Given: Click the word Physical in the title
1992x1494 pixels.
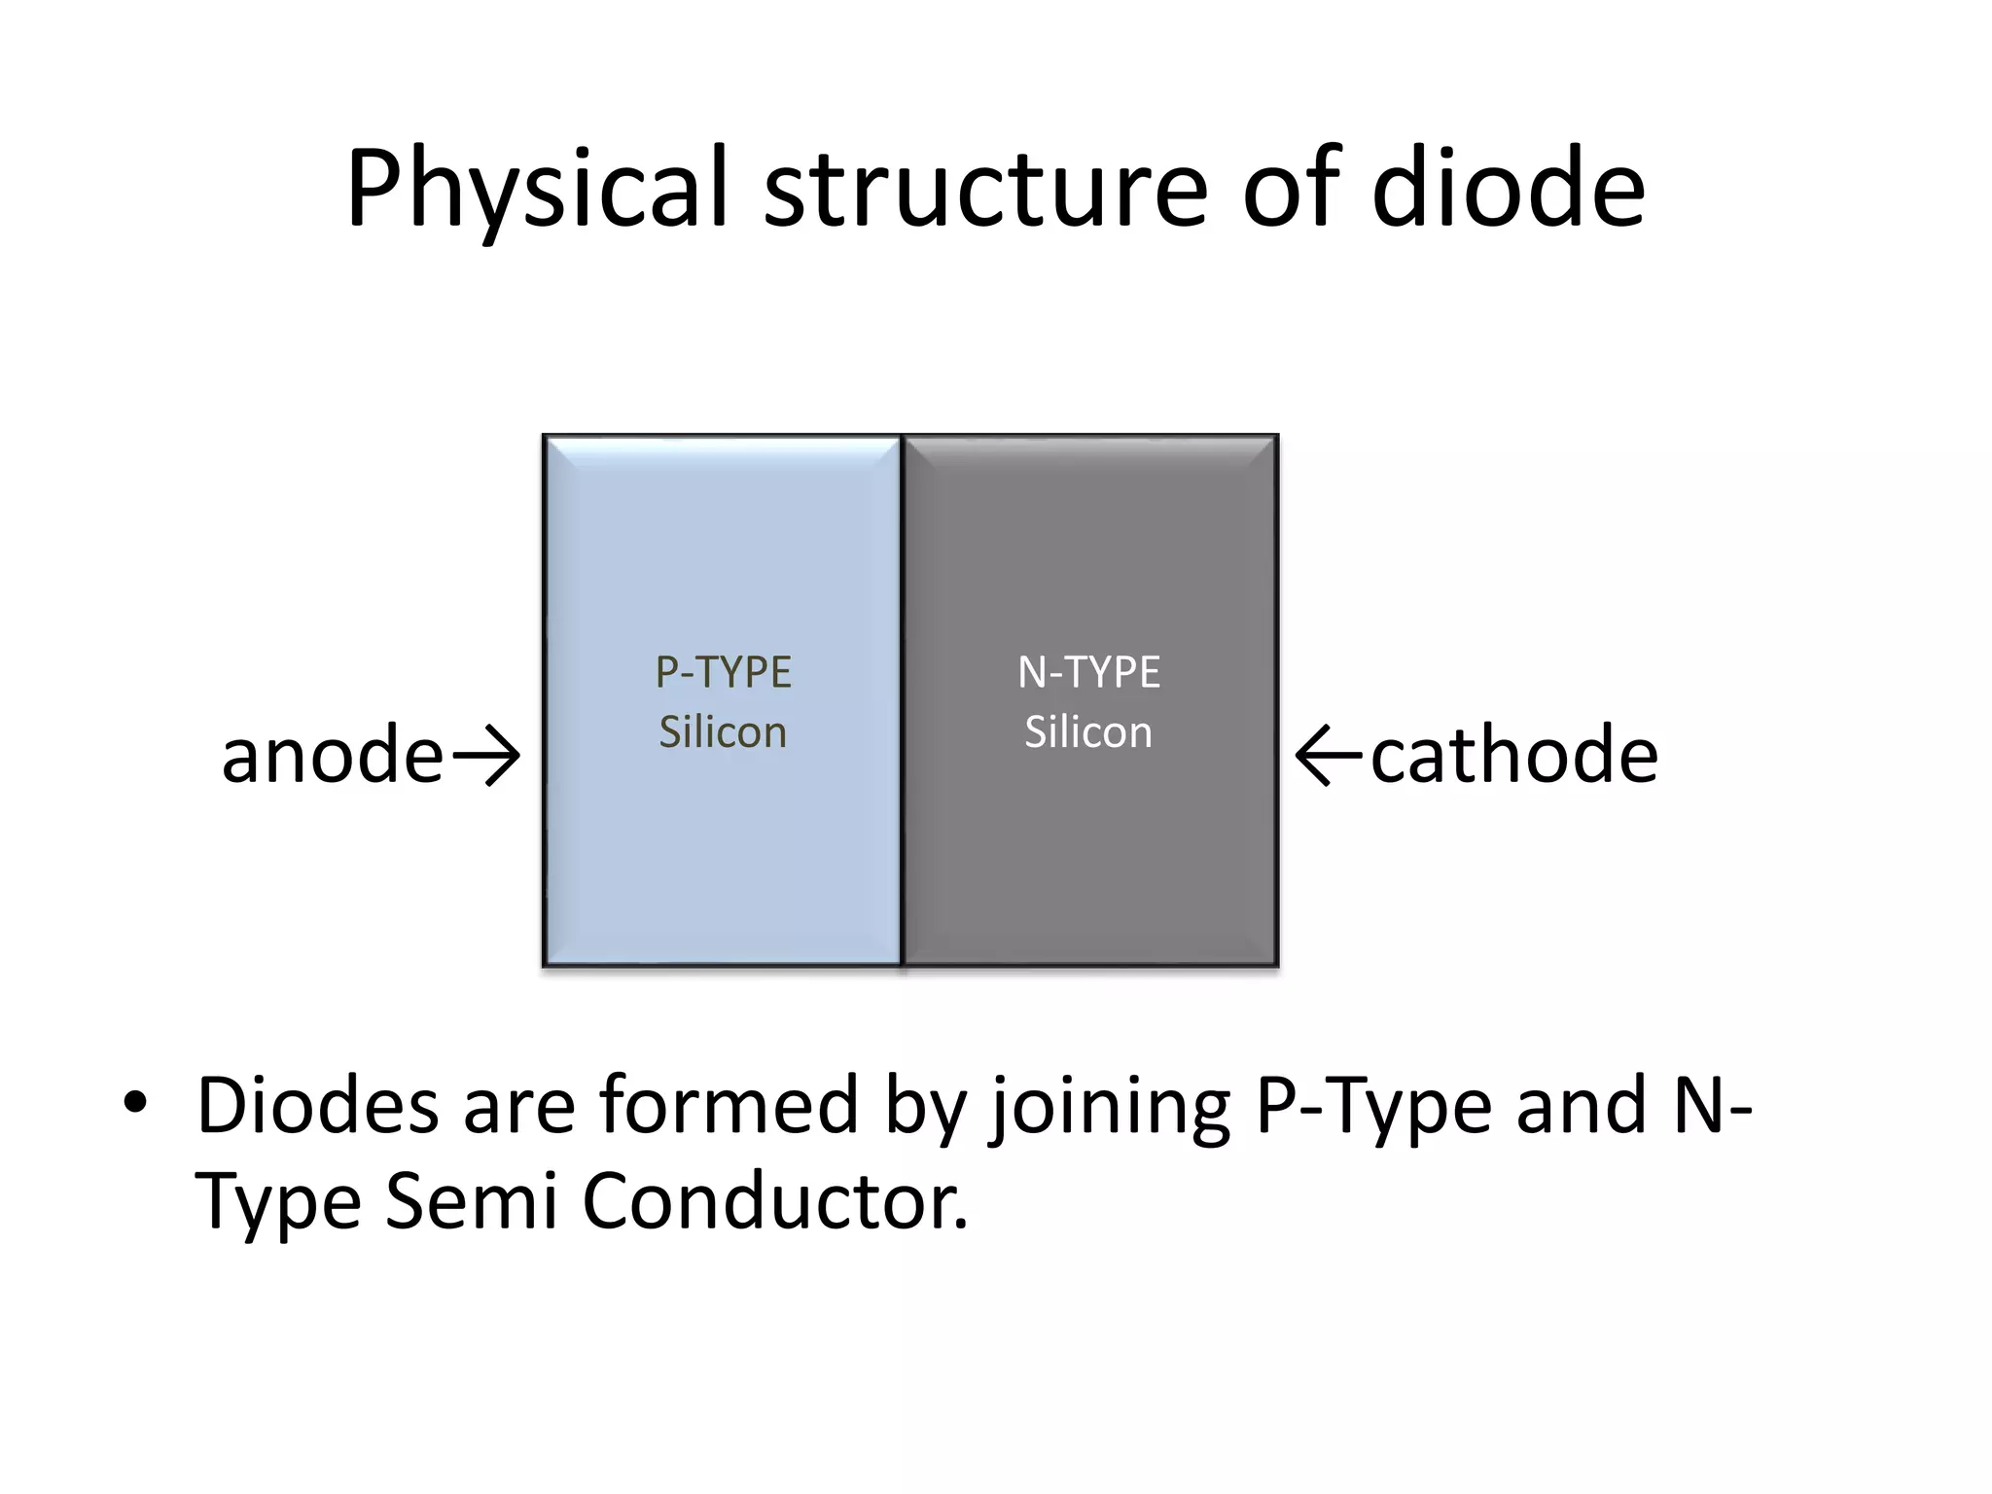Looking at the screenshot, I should click(x=537, y=190).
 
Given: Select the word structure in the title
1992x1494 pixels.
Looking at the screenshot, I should click(x=985, y=190).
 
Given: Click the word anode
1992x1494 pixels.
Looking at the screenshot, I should click(x=333, y=756).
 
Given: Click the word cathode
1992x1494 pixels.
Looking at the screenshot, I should click(x=1513, y=756).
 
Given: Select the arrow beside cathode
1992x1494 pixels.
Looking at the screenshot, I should click(x=1331, y=756).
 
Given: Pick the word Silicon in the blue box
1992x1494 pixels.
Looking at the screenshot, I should click(x=723, y=732).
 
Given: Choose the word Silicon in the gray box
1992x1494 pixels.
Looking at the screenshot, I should click(x=1088, y=732).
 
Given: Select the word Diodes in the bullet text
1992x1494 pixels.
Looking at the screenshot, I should click(x=317, y=1106).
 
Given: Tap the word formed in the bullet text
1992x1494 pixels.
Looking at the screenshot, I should click(x=729, y=1106).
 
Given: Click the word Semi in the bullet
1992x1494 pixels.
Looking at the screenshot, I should click(x=472, y=1201).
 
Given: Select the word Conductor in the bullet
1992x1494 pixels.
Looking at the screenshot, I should click(x=775, y=1201).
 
